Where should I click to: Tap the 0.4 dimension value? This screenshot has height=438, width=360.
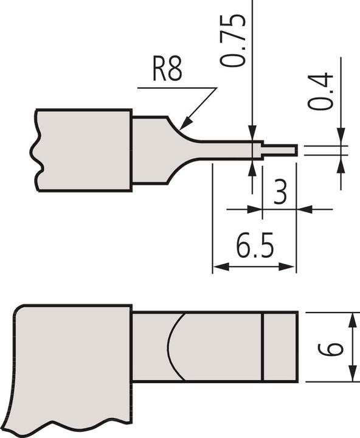point(320,91)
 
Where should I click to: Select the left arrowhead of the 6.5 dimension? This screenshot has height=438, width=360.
point(218,266)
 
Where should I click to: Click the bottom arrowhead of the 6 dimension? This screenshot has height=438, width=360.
point(352,377)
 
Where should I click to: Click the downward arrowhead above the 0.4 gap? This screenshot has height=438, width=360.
point(341,137)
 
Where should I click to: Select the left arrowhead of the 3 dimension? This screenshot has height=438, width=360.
point(256,209)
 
